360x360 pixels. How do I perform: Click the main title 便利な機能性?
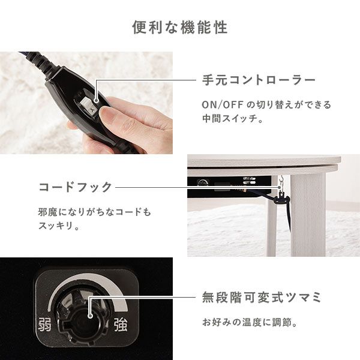tap(180, 28)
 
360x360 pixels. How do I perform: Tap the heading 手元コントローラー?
tap(259, 80)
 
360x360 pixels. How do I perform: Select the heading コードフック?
tap(76, 187)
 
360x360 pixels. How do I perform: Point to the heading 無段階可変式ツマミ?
tap(261, 298)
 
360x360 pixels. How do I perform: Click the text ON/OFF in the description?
tap(223, 105)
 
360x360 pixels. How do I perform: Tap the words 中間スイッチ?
tap(230, 118)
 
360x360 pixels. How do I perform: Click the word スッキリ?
tap(56, 226)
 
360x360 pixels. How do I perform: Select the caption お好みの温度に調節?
tap(247, 322)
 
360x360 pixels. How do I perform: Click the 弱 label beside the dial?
tap(44, 324)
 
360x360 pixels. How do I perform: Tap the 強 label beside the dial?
tap(121, 325)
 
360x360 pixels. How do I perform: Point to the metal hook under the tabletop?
tap(280, 182)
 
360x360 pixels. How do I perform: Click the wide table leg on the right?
tap(308, 214)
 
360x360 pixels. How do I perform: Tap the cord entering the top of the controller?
tap(37, 61)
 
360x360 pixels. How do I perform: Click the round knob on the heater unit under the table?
tap(202, 183)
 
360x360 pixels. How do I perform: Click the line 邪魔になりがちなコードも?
tap(94, 212)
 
